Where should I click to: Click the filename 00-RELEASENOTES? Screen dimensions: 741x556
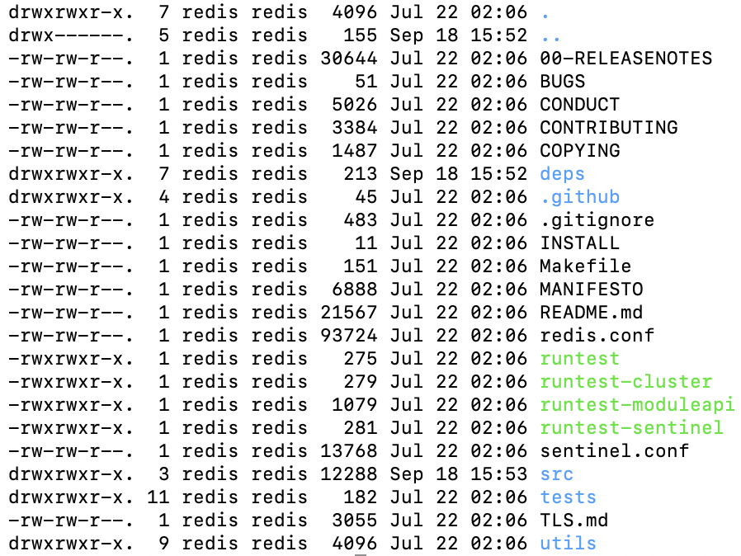click(x=625, y=59)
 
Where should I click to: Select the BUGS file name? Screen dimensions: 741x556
click(x=563, y=82)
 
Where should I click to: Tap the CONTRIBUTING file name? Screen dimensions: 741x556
click(x=609, y=128)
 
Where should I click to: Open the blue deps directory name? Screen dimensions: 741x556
click(x=563, y=174)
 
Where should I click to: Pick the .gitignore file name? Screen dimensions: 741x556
click(x=597, y=220)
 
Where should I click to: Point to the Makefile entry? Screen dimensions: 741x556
click(x=586, y=266)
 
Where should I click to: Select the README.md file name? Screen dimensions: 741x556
click(x=592, y=313)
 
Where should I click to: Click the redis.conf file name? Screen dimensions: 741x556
click(x=597, y=336)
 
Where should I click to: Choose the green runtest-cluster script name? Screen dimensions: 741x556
click(x=626, y=382)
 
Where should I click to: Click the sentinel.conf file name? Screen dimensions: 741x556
click(x=615, y=451)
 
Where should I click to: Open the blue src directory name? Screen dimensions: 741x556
click(x=557, y=474)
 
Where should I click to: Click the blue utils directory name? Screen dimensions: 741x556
click(x=569, y=544)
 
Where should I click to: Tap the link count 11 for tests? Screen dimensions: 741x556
click(x=158, y=497)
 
